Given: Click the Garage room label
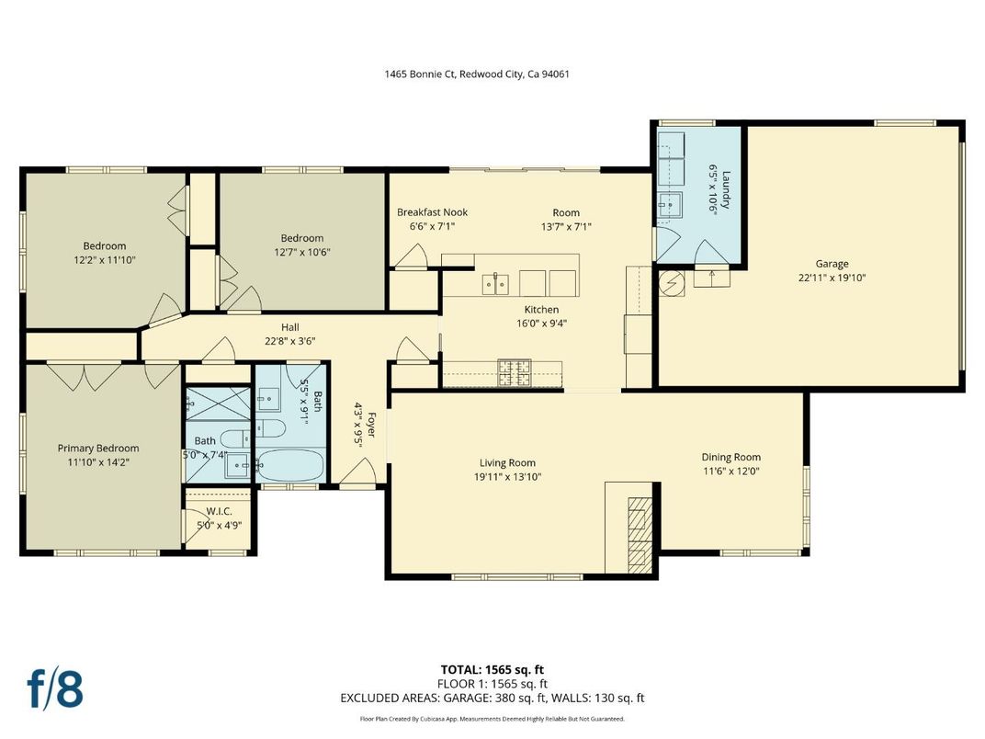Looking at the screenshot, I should click(832, 264).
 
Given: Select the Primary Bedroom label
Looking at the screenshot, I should click(98, 449).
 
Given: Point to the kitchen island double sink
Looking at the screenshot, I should click(494, 283).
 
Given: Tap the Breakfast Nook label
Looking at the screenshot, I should click(432, 212).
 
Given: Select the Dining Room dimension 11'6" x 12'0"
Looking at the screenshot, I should click(730, 471).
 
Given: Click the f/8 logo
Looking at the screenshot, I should click(54, 689).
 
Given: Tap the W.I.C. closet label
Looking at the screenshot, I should click(219, 511).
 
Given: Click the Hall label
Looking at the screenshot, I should click(289, 327).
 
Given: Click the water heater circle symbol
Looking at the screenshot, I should click(672, 283).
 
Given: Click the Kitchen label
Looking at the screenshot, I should click(541, 310).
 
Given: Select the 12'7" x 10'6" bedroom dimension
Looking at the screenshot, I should click(301, 252).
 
